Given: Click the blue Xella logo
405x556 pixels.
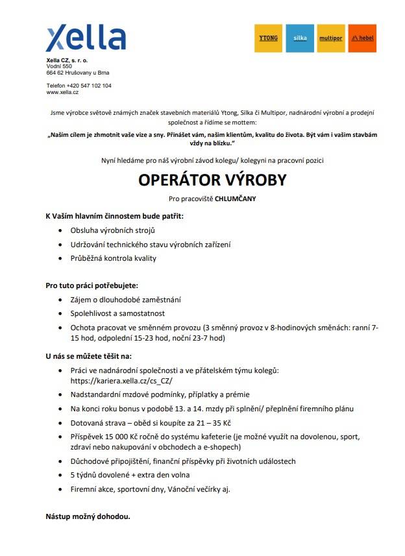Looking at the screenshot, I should pyautogui.click(x=86, y=39).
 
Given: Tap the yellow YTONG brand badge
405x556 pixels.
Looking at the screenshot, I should pyautogui.click(x=268, y=38).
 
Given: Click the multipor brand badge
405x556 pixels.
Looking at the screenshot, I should pyautogui.click(x=330, y=38).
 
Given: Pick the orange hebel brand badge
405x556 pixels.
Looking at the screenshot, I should pyautogui.click(x=362, y=38).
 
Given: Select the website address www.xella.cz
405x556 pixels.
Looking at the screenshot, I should pyautogui.click(x=62, y=93).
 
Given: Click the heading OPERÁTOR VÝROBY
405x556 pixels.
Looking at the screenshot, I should pyautogui.click(x=202, y=180).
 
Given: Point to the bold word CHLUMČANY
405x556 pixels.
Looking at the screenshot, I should pyautogui.click(x=236, y=199).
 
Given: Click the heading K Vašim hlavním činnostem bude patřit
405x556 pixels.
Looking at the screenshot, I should pyautogui.click(x=114, y=215).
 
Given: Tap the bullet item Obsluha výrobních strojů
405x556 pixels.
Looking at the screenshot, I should pyautogui.click(x=113, y=230).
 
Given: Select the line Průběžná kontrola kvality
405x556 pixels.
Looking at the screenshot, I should pyautogui.click(x=114, y=258).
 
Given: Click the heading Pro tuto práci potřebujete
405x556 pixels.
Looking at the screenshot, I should pyautogui.click(x=92, y=285).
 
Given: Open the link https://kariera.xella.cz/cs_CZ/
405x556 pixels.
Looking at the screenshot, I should pyautogui.click(x=122, y=381).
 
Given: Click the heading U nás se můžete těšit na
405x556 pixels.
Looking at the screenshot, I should pyautogui.click(x=88, y=356).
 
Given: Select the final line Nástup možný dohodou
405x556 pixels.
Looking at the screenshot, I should pyautogui.click(x=88, y=517).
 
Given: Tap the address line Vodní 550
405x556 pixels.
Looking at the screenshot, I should pyautogui.click(x=59, y=66).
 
